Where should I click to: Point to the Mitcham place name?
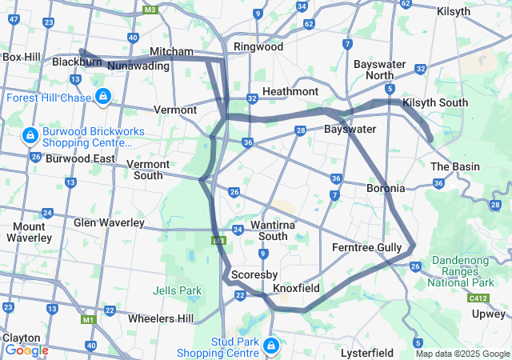[171, 51]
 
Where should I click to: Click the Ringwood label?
[258, 46]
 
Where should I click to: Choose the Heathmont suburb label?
[290, 92]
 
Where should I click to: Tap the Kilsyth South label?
[435, 102]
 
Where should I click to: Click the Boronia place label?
[385, 189]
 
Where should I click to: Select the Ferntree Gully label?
[366, 248]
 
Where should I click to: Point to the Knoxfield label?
[296, 288]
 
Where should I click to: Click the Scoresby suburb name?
[254, 274]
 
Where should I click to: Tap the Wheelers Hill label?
[162, 318]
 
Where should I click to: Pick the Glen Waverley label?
[109, 222]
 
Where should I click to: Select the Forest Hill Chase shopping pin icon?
[102, 98]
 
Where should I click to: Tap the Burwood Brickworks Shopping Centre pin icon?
[30, 135]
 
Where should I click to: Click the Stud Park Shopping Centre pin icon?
[271, 346]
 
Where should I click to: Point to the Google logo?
[26, 350]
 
